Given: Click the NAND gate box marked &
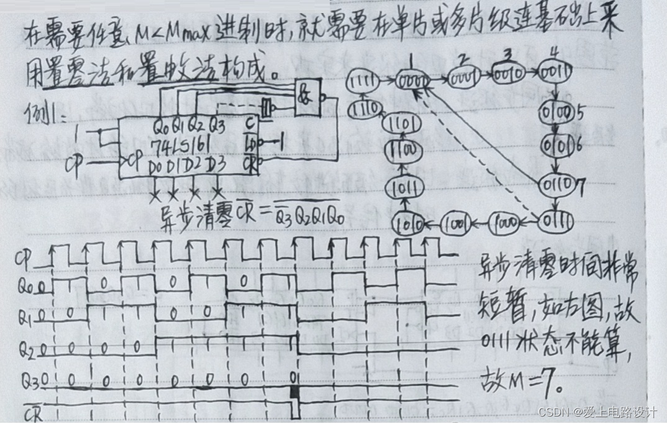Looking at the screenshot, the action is click(x=309, y=97).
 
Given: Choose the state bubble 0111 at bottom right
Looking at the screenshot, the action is click(x=554, y=222).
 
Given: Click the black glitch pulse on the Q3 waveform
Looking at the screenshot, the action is click(x=295, y=392).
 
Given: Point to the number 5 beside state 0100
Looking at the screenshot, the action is click(x=581, y=115).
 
